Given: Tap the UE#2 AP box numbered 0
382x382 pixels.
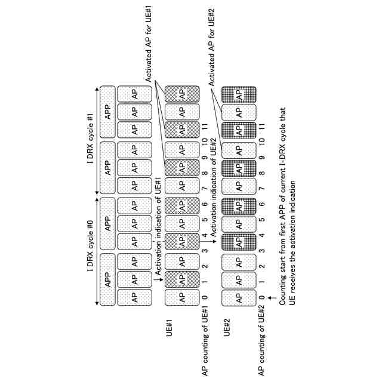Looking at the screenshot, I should tap(238, 296).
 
